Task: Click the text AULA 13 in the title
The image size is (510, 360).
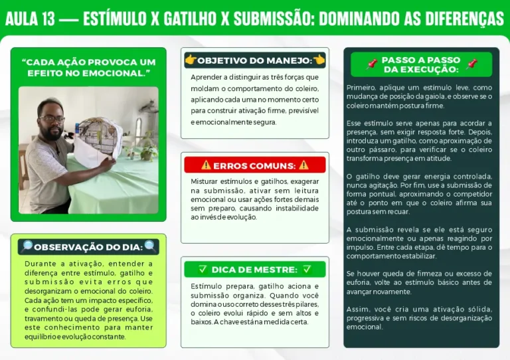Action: pyautogui.click(x=30, y=19)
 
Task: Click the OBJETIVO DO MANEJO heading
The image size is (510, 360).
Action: pyautogui.click(x=255, y=60)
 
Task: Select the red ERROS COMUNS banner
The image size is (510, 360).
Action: pyautogui.click(x=255, y=165)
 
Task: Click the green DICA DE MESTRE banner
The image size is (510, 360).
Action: pyautogui.click(x=255, y=270)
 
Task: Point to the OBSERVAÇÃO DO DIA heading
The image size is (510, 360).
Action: pyautogui.click(x=88, y=247)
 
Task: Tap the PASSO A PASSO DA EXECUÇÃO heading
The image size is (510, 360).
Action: pyautogui.click(x=421, y=65)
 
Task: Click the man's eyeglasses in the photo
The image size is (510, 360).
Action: pyautogui.click(x=52, y=119)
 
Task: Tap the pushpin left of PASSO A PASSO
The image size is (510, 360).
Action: pyautogui.click(x=372, y=64)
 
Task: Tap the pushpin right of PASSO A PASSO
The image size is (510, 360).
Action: pyautogui.click(x=471, y=64)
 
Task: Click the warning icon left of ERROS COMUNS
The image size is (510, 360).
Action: pyautogui.click(x=206, y=165)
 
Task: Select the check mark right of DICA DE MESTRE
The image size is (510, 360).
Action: pyautogui.click(x=307, y=270)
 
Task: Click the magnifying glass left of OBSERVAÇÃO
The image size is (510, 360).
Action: pyautogui.click(x=27, y=247)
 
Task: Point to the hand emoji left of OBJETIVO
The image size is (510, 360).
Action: pyautogui.click(x=191, y=60)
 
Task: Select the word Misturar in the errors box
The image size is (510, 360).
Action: pyautogui.click(x=205, y=181)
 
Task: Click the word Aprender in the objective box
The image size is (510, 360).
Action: pyautogui.click(x=206, y=77)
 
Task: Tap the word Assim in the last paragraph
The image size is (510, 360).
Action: pyautogui.click(x=356, y=310)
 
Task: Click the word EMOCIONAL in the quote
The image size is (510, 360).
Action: pyautogui.click(x=115, y=72)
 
